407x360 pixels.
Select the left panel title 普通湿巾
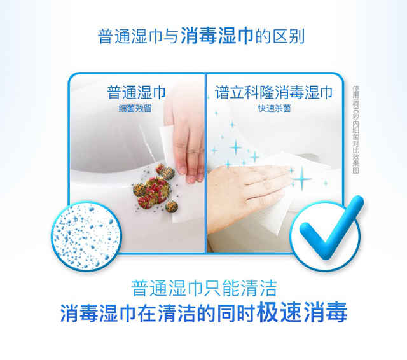pyautogui.click(x=136, y=92)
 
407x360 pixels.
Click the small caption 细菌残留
pyautogui.click(x=136, y=108)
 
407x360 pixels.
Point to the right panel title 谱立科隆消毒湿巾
pyautogui.click(x=270, y=92)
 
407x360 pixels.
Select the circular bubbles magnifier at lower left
pyautogui.click(x=83, y=232)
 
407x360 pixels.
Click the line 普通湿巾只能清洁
pyautogui.click(x=203, y=288)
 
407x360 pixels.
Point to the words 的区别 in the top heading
pyautogui.click(x=280, y=36)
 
